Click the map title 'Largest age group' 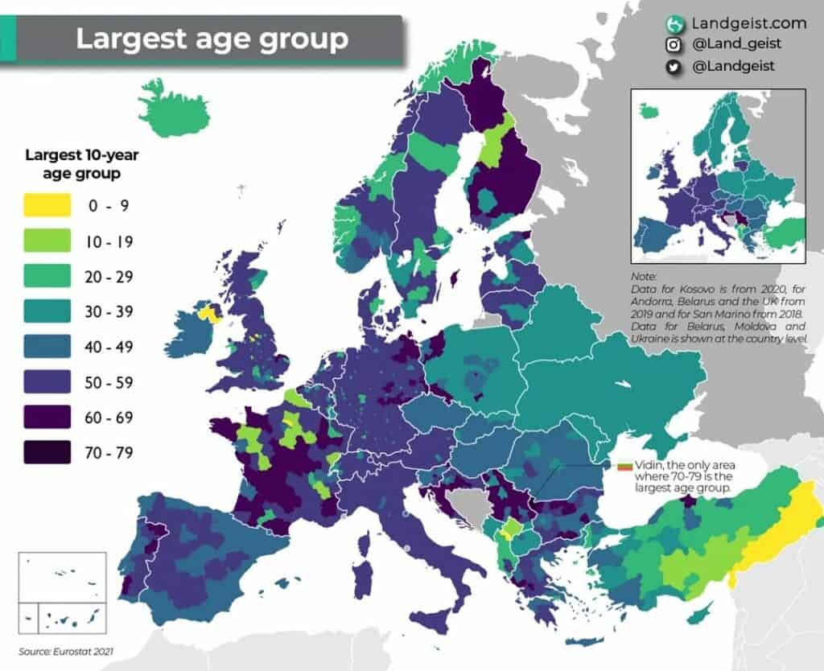point(212,39)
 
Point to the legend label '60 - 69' point(109,418)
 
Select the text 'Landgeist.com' point(736,23)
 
